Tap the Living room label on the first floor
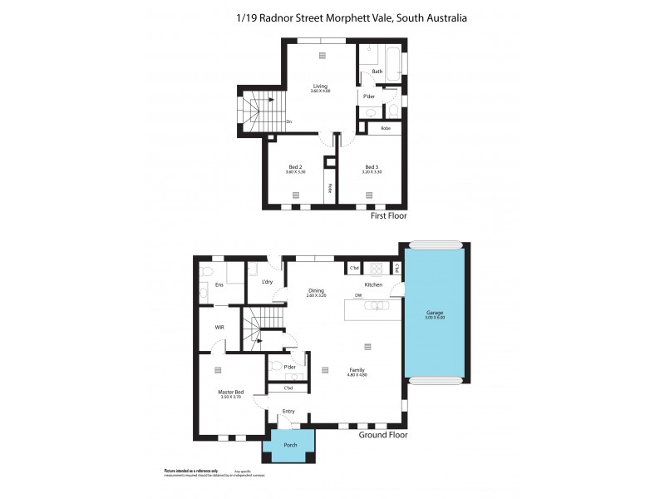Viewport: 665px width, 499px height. [x=320, y=86]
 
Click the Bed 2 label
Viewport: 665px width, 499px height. [x=295, y=166]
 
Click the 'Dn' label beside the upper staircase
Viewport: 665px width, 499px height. [x=288, y=122]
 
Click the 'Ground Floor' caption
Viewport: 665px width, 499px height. [x=382, y=434]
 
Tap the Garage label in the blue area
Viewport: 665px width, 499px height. [x=436, y=313]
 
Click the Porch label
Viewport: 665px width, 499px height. [x=289, y=445]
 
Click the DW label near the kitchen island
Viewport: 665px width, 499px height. [x=357, y=295]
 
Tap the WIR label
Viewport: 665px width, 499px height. [x=219, y=327]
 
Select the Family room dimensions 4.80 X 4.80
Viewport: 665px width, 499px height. [x=357, y=375]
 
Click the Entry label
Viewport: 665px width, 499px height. [x=288, y=410]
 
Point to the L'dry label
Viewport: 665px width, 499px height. [x=267, y=282]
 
